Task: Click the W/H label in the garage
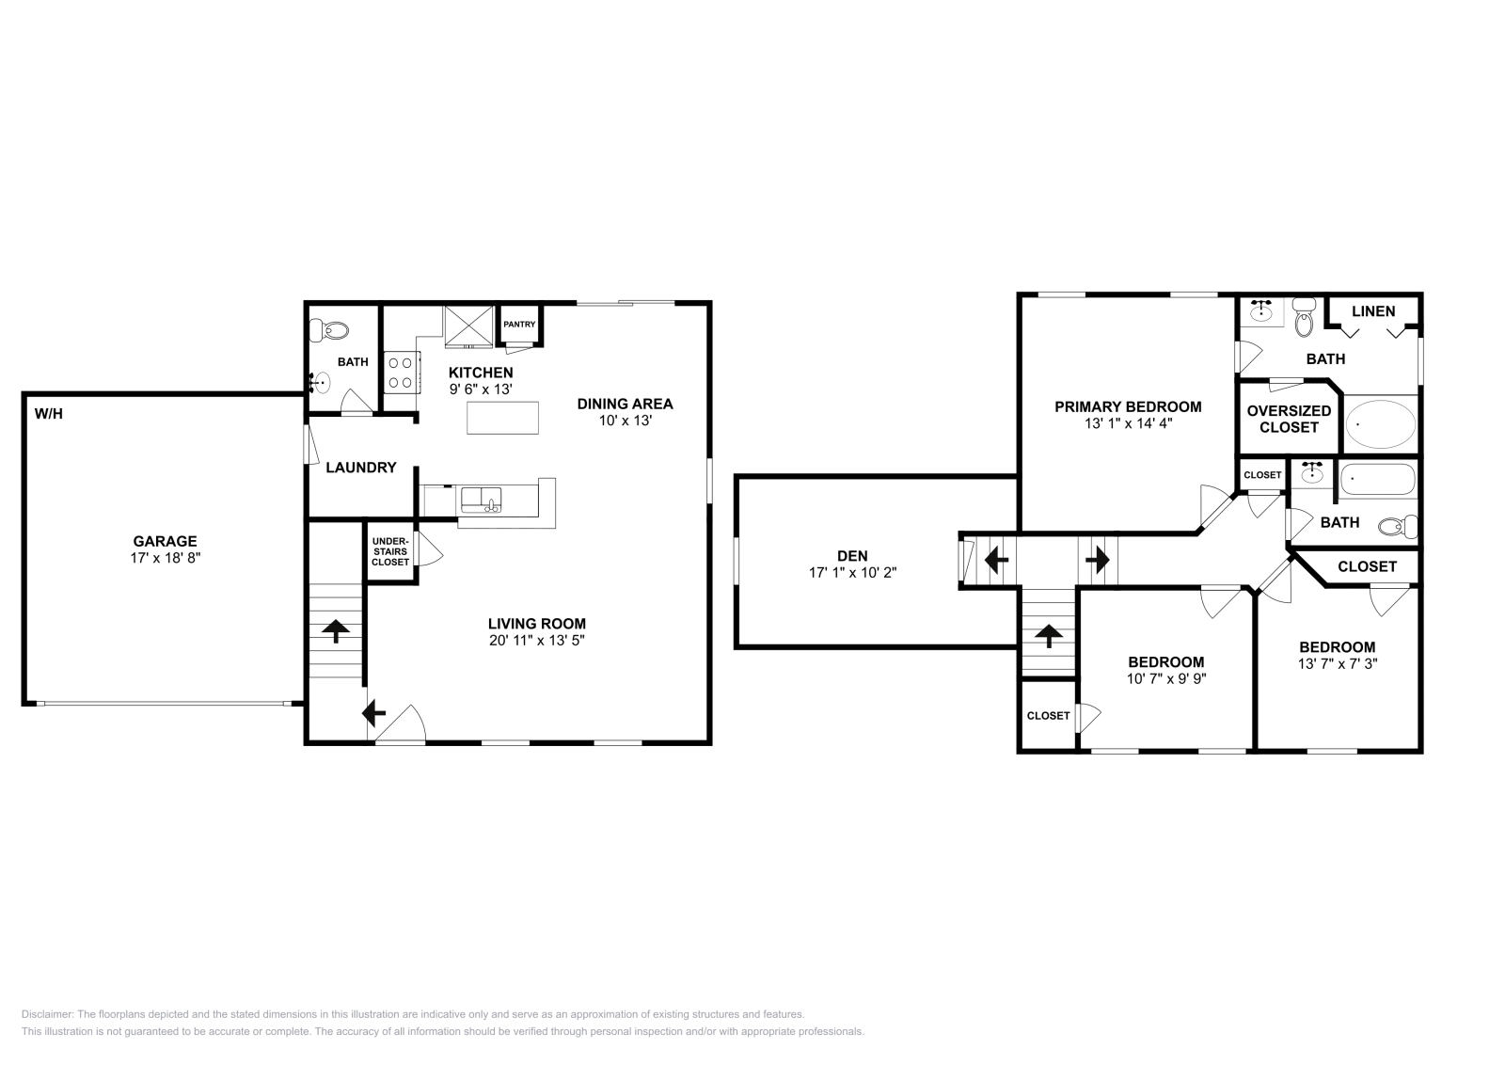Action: click(x=49, y=413)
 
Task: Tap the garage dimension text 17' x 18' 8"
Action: click(x=165, y=558)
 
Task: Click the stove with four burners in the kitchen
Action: click(x=402, y=371)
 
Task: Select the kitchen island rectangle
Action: click(x=503, y=417)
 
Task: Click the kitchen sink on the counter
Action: click(x=481, y=500)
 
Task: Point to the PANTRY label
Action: click(x=519, y=325)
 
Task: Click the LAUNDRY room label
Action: click(x=360, y=468)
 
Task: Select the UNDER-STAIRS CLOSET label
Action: click(x=390, y=551)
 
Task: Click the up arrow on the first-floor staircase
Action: click(x=336, y=630)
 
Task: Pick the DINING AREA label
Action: click(x=625, y=404)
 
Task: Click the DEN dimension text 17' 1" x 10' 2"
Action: click(x=852, y=572)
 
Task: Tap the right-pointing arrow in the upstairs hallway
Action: click(x=1097, y=562)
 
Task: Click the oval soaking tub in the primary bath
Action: click(x=1381, y=425)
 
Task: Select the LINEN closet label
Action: click(x=1373, y=311)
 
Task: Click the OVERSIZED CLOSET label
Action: click(x=1289, y=419)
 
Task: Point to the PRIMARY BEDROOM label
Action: click(x=1127, y=406)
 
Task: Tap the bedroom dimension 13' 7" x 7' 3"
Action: click(x=1337, y=663)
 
